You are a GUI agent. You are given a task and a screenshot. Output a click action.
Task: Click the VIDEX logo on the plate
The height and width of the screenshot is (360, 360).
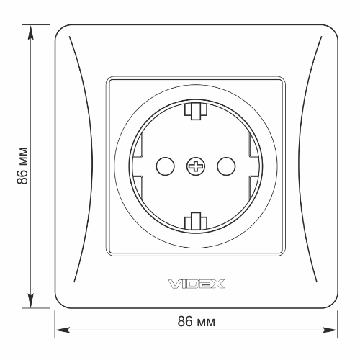[196, 284]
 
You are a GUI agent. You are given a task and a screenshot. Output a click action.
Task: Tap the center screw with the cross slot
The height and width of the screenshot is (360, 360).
[196, 166]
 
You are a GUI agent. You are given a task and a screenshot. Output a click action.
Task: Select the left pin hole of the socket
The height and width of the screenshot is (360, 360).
[165, 166]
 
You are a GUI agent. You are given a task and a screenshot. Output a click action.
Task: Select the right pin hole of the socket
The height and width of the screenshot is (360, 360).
[226, 166]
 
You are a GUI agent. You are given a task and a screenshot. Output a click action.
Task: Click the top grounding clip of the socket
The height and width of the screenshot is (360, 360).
[196, 111]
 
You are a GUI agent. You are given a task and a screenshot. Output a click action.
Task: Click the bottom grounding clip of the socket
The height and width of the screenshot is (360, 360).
[196, 221]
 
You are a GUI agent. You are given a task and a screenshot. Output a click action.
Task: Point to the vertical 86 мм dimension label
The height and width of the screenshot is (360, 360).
[22, 166]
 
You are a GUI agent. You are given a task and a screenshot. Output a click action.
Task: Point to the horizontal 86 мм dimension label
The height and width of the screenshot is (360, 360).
[197, 321]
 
